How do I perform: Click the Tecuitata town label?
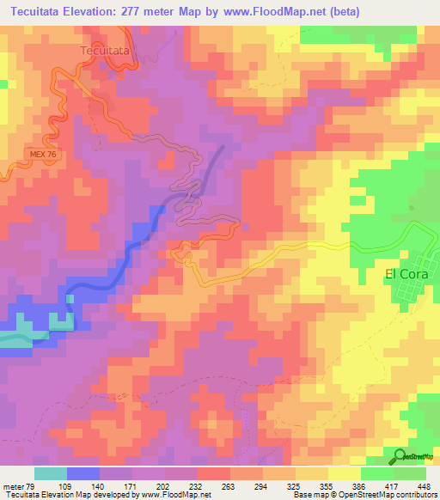click(105, 51)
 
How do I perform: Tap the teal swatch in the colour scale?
click(51, 473)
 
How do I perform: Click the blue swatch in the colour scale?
click(83, 473)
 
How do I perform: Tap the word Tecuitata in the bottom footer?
click(22, 495)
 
